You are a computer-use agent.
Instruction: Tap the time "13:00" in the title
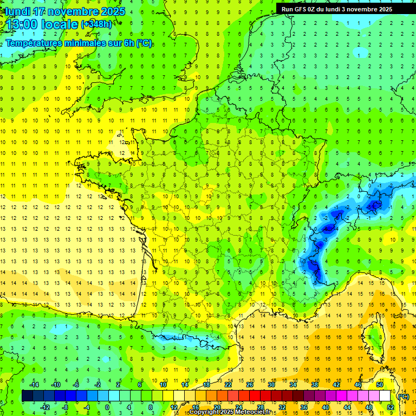coord(22,25)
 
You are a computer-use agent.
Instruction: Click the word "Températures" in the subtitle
coord(36,43)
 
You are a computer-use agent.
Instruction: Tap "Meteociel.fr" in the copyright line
coord(246,412)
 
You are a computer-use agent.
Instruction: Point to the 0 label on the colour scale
coord(107,407)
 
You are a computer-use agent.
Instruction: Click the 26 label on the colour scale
coord(249,385)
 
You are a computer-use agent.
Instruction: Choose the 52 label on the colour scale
coord(390,407)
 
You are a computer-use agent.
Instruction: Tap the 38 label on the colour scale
coord(314,385)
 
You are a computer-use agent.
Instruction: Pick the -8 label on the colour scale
coord(65,407)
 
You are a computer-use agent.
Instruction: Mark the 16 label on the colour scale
coord(195,407)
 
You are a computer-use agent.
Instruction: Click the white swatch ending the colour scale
coord(385,396)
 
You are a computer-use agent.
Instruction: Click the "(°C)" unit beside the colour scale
coord(403,396)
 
